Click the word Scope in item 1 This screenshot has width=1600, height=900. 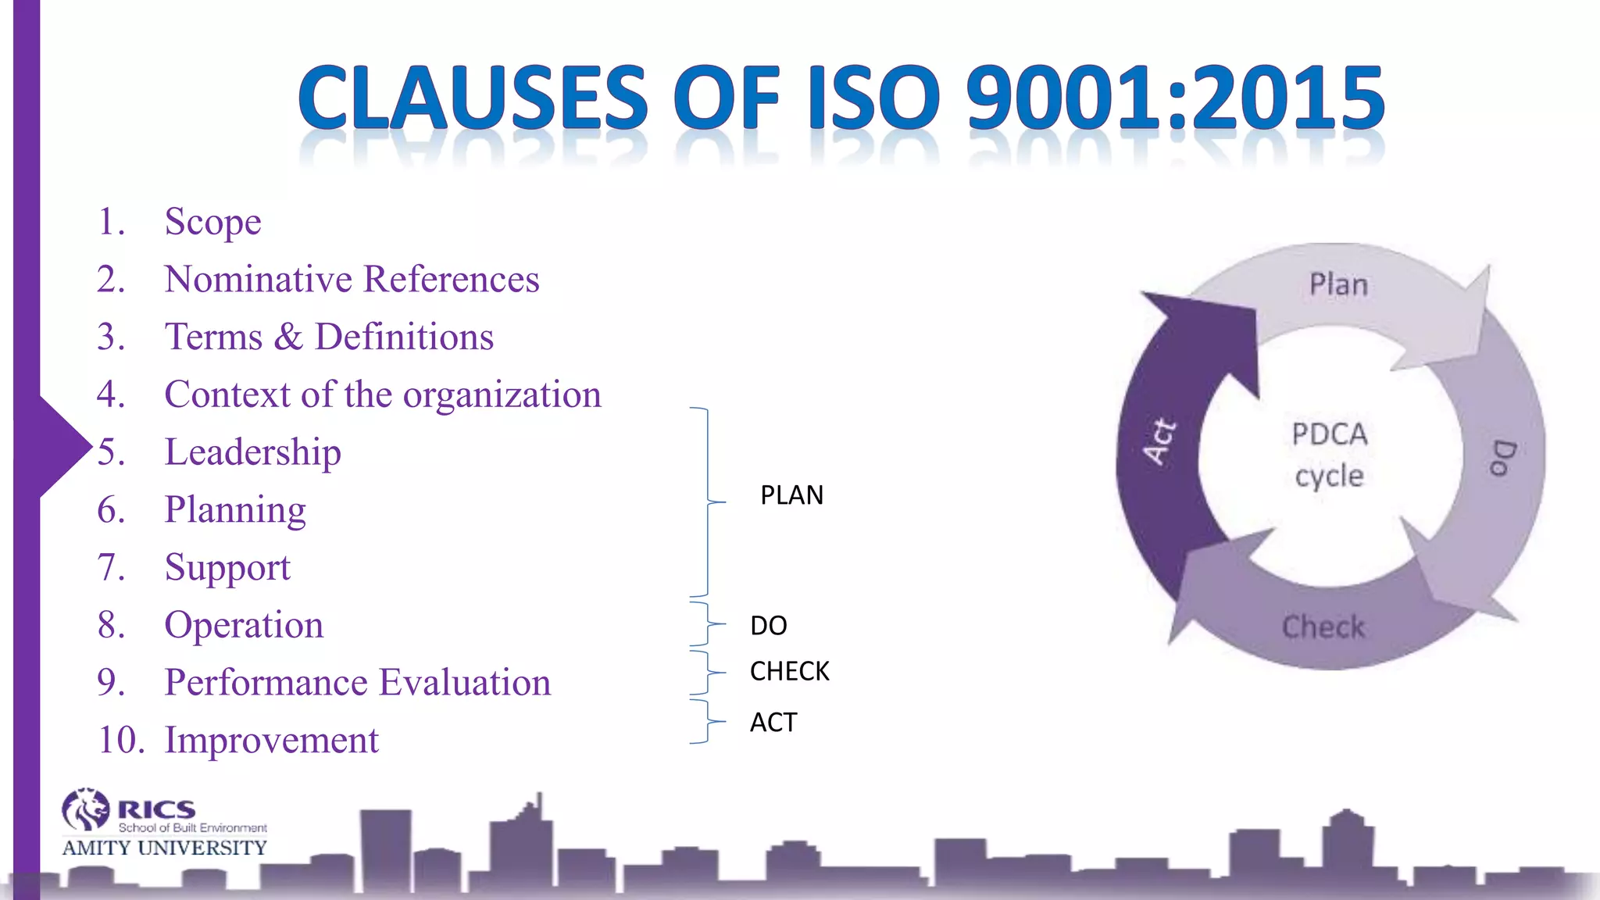click(x=212, y=223)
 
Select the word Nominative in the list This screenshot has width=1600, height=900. click(x=258, y=280)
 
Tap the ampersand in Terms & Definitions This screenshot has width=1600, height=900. click(x=288, y=337)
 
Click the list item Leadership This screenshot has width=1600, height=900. click(x=252, y=452)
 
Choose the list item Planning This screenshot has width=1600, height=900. click(x=234, y=510)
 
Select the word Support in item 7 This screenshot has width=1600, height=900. click(x=227, y=568)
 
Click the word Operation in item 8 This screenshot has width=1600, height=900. click(x=244, y=625)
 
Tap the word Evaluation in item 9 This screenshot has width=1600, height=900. click(x=465, y=682)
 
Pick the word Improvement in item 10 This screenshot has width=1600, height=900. click(x=271, y=740)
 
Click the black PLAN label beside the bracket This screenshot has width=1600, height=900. click(x=791, y=495)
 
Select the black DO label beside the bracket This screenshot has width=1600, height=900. click(x=768, y=625)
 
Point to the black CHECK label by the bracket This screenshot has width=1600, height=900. click(x=789, y=671)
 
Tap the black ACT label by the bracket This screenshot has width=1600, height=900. click(x=773, y=723)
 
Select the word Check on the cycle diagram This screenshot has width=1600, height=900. click(x=1323, y=627)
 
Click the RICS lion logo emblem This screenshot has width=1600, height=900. click(x=85, y=809)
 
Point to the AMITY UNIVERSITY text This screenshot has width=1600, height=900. click(x=164, y=848)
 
